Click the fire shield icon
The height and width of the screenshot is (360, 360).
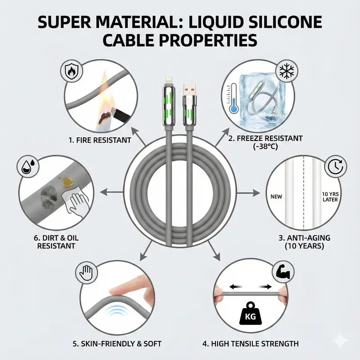(x=71, y=71)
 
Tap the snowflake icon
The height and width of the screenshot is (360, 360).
(x=287, y=71)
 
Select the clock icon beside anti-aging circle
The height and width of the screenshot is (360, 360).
(x=335, y=166)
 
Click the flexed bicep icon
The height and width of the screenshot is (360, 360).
(x=283, y=272)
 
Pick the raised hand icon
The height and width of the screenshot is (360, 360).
(x=86, y=273)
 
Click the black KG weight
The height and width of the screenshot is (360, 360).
(x=250, y=314)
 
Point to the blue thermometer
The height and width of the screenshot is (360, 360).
(x=233, y=99)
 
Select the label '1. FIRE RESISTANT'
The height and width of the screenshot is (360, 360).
(x=99, y=140)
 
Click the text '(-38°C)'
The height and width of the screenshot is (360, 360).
(x=265, y=146)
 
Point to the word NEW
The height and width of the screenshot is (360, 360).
(x=276, y=197)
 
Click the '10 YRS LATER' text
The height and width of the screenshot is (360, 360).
(x=330, y=197)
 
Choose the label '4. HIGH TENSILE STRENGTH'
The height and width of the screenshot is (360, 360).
(x=251, y=344)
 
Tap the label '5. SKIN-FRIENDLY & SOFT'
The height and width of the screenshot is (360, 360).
(x=117, y=344)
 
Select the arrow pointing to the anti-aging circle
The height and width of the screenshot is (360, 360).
(x=249, y=193)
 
